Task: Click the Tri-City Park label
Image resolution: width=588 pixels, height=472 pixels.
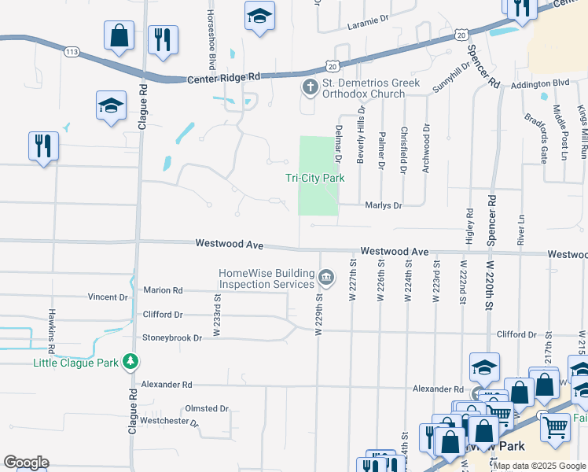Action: (314, 179)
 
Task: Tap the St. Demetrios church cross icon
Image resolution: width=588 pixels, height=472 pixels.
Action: (310, 87)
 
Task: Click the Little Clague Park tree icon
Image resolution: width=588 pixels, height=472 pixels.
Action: (131, 363)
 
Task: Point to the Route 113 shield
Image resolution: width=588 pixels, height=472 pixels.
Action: (72, 51)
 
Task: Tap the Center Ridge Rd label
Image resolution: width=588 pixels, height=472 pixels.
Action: (223, 79)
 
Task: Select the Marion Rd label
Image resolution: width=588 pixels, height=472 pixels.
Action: (163, 290)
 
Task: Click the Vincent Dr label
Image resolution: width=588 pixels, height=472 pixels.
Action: (108, 297)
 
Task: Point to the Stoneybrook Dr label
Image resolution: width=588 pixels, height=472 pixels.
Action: (172, 337)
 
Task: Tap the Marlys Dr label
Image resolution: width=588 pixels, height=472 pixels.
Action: (384, 205)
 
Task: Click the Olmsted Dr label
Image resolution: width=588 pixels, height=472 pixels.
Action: (206, 409)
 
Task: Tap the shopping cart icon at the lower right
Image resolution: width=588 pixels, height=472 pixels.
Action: (556, 427)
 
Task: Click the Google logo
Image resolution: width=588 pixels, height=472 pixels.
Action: (26, 463)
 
